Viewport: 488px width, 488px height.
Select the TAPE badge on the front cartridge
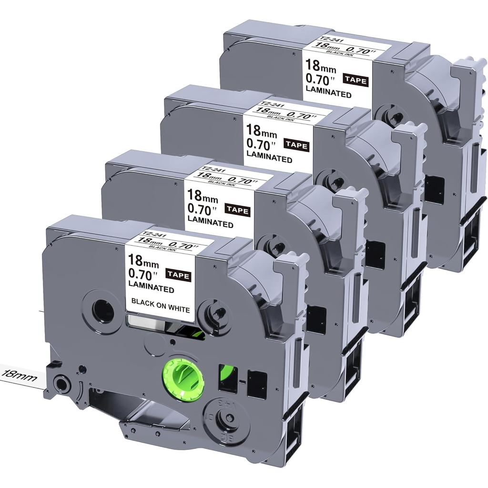(179, 276)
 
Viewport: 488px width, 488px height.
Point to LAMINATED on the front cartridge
(151, 287)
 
